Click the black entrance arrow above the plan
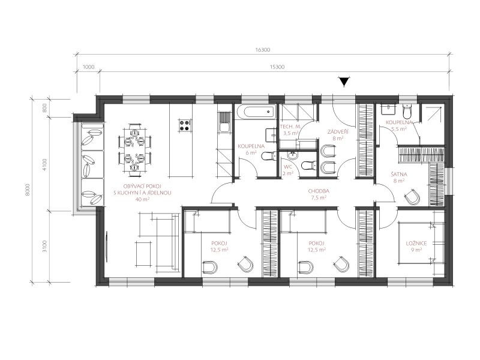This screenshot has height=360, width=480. pos(344,82)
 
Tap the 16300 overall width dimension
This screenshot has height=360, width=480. pos(263,50)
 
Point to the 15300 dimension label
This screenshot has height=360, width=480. pos(277,67)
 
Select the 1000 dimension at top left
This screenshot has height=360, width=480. pos(89,67)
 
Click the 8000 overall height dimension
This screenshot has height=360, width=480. pos(28,190)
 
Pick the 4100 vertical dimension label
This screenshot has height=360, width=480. pos(45,164)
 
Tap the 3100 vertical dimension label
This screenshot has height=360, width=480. pos(45,247)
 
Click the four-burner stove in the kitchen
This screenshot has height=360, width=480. pos(185,125)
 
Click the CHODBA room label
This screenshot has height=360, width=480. pos(319,191)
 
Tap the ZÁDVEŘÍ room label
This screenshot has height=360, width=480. pos(337,132)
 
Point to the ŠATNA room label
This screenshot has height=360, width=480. pos(399,175)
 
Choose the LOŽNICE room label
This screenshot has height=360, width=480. pos(416,244)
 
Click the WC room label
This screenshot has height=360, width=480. pos(288,167)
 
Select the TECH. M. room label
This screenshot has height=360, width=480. pos(291,127)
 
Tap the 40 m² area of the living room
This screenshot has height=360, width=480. pos(142,199)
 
